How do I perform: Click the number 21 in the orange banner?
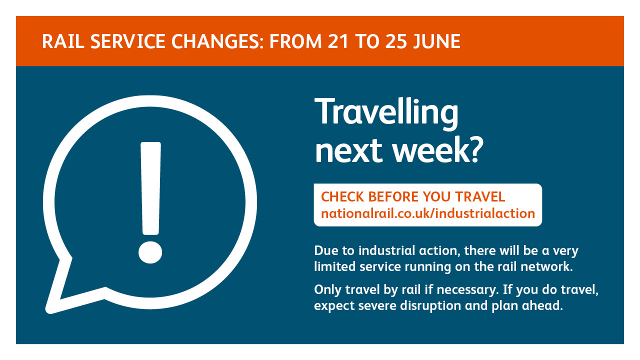point(338,41)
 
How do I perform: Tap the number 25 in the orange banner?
point(395,41)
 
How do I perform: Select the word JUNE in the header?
point(437,41)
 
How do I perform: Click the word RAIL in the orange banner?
point(63,41)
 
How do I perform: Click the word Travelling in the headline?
point(386,113)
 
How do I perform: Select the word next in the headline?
point(348,151)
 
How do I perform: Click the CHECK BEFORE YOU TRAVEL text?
point(413,197)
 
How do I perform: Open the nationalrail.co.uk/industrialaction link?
point(428,213)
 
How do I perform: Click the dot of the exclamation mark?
point(150,252)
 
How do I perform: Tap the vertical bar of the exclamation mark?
point(150,188)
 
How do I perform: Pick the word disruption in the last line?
point(430,306)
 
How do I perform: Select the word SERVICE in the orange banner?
point(127,41)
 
